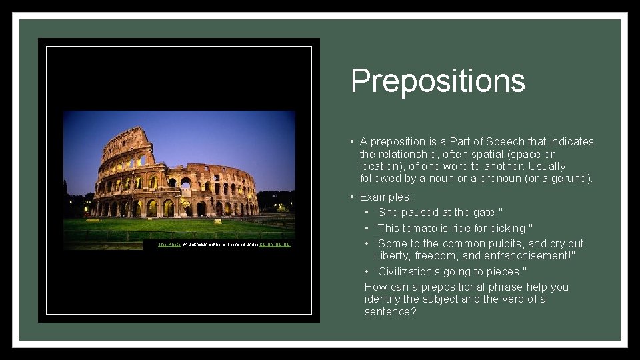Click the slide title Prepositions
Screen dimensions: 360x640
[x=437, y=81]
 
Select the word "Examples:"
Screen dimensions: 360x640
[x=386, y=197]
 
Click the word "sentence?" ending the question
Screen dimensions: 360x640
[x=390, y=311]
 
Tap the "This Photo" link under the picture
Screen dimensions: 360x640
[x=169, y=245]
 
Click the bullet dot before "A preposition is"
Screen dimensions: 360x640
[x=351, y=141]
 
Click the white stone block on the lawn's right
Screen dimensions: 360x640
[x=219, y=221]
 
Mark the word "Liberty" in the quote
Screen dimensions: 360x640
[x=392, y=256]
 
